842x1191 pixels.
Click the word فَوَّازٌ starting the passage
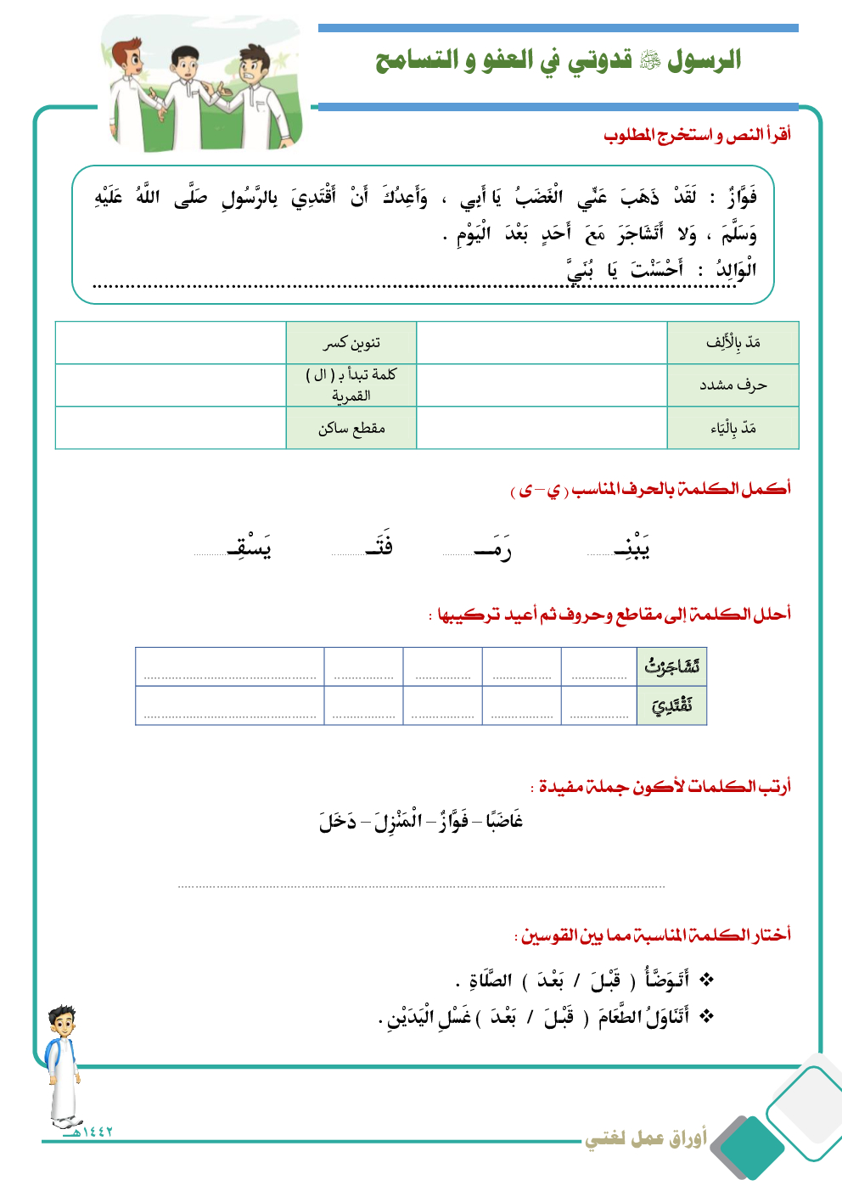coord(741,198)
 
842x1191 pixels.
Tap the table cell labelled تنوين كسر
coord(351,343)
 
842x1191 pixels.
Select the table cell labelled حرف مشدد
coord(733,385)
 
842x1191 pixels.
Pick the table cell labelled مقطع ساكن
coord(351,428)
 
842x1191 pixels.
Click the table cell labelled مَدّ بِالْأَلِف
coord(733,343)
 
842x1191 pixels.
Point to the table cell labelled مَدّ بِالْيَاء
coord(733,428)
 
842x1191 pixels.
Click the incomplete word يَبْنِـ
coord(632,548)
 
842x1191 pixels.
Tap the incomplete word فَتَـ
coord(379,546)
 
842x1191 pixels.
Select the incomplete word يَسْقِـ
coord(250,548)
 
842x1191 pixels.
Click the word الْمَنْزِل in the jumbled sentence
coord(399,821)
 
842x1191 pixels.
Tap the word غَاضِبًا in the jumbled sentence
coord(504,821)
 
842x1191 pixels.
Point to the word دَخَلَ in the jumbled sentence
coord(338,821)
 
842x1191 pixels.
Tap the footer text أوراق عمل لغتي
coord(645,1138)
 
